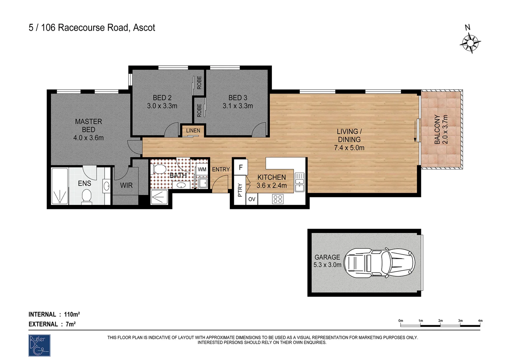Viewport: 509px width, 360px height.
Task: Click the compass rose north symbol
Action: click(470, 43)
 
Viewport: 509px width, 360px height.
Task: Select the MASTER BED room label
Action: click(88, 126)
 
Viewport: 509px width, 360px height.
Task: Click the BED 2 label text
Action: click(162, 98)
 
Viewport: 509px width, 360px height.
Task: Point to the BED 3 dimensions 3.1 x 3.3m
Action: click(238, 106)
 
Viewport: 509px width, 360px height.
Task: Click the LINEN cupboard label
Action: click(193, 131)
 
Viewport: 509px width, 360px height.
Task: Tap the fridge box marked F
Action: click(241, 168)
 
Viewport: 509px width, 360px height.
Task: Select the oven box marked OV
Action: click(252, 199)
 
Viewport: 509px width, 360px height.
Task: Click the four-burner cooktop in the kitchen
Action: click(277, 199)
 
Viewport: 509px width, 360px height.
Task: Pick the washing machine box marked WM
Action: click(202, 169)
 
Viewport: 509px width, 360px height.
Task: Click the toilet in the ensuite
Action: click(87, 195)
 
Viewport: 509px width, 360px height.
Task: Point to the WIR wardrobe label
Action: click(126, 185)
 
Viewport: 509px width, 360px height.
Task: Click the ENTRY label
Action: click(221, 169)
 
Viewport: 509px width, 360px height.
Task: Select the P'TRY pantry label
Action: click(240, 190)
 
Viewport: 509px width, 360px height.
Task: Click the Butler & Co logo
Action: click(39, 345)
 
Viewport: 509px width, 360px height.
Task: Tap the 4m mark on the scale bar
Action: click(480, 321)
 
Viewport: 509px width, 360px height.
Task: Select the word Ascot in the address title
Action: click(144, 28)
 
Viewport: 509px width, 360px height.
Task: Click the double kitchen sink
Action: click(299, 182)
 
